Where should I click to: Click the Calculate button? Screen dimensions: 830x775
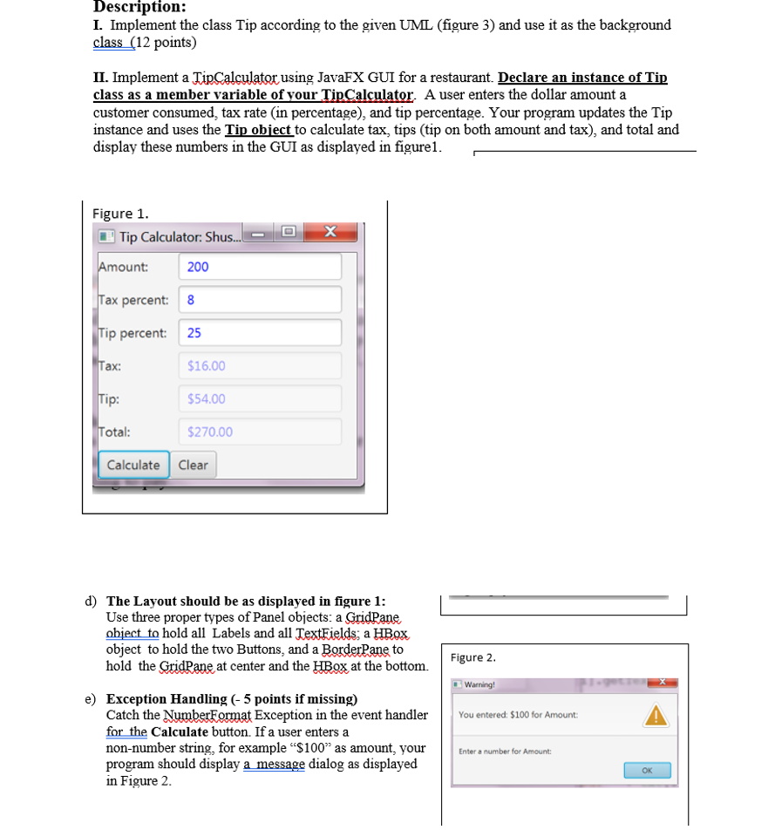133,465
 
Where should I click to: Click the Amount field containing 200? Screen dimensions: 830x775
260,267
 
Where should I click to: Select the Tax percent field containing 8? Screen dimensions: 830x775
260,300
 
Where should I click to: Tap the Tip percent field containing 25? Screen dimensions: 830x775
260,333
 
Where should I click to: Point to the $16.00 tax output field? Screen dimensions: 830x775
260,366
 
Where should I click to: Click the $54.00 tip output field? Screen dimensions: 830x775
260,399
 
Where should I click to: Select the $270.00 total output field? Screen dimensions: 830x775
260,432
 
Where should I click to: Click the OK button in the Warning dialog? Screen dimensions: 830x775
647,770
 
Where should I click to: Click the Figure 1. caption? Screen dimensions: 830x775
120,214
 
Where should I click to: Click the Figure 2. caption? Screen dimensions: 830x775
474,657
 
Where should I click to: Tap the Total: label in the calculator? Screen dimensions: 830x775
115,432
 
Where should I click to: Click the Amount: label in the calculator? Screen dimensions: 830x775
123,267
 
